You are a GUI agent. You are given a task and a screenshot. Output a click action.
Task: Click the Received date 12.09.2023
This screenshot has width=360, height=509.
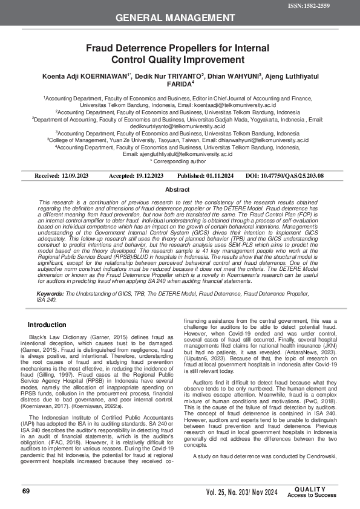75,175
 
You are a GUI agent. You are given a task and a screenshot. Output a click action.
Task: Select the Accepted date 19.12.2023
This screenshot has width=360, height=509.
145,175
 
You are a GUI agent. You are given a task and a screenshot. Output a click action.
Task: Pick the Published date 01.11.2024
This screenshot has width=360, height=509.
217,175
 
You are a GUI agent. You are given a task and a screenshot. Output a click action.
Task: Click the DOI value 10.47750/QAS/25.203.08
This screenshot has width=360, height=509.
293,175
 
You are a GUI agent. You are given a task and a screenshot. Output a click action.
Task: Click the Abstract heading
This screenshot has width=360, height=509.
180,189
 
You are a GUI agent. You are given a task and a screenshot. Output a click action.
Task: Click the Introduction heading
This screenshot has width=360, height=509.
47,325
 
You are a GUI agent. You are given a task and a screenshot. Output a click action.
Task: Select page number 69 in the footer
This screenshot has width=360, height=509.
26,491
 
